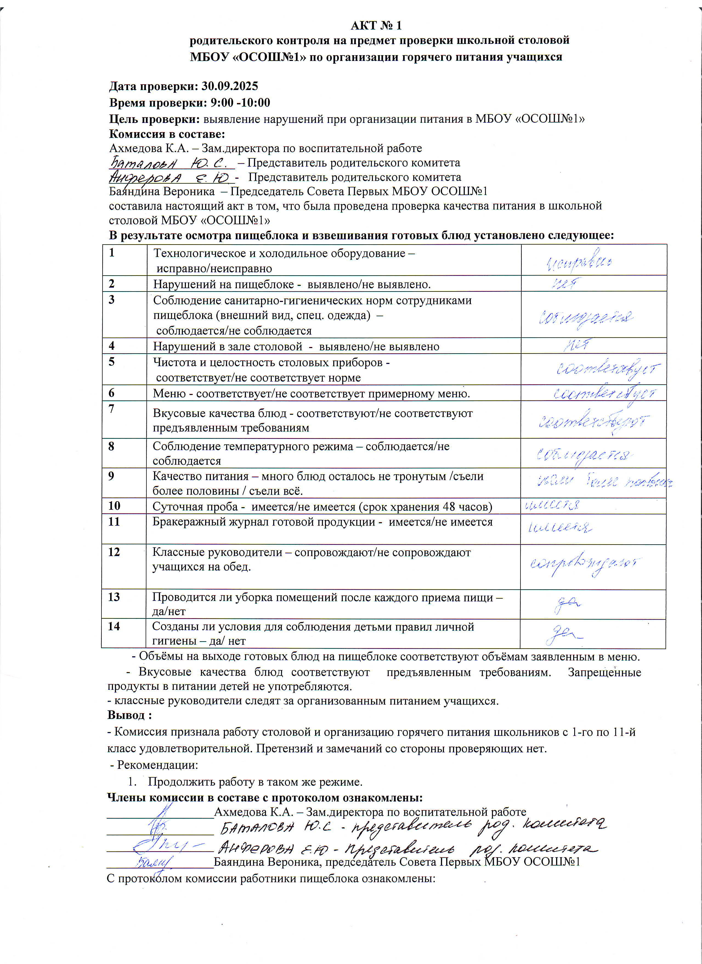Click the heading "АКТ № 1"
[x=376, y=26]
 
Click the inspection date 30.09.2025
[x=230, y=86]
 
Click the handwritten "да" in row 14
[x=563, y=634]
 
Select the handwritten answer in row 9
[x=603, y=482]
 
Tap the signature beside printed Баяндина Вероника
[x=153, y=863]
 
